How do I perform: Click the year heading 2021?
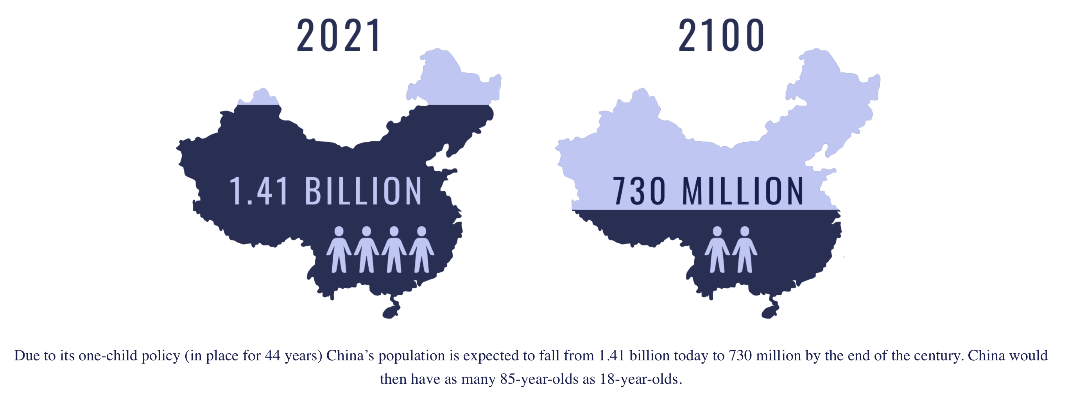339,36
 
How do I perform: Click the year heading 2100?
721,36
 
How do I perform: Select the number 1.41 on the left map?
259,192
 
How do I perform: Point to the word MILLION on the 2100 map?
743,192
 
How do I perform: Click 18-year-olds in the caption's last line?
638,379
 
